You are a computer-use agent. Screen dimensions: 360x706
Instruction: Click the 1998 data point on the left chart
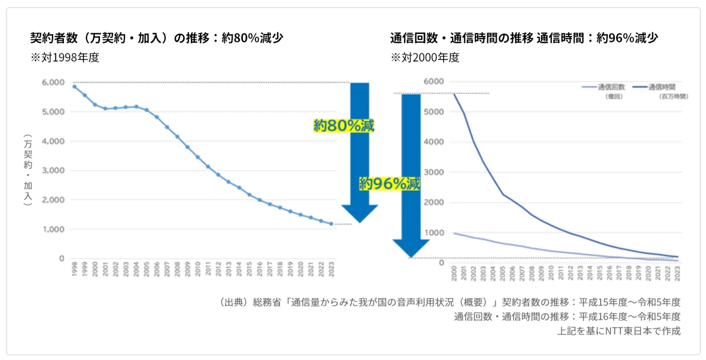point(75,87)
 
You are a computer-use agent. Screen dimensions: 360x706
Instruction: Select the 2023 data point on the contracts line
point(331,224)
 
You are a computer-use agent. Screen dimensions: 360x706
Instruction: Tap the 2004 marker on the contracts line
point(136,107)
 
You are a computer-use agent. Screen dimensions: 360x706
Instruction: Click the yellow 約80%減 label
point(344,126)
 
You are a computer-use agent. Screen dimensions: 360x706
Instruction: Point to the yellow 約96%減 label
point(390,184)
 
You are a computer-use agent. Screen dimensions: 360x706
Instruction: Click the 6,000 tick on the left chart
point(53,82)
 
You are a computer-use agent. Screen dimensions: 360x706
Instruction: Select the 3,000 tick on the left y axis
point(53,170)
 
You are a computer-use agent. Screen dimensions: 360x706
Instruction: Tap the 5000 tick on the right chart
point(434,111)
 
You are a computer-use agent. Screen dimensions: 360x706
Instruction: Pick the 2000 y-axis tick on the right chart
point(434,202)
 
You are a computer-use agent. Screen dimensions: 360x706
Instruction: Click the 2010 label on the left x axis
point(198,269)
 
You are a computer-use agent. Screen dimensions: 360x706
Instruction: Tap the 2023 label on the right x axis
point(678,273)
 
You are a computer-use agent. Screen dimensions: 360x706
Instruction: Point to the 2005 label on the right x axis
point(503,273)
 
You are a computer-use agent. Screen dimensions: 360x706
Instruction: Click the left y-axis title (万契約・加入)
point(28,170)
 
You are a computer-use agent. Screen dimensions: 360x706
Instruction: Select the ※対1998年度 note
point(65,58)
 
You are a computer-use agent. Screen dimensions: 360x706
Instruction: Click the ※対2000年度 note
point(425,58)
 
